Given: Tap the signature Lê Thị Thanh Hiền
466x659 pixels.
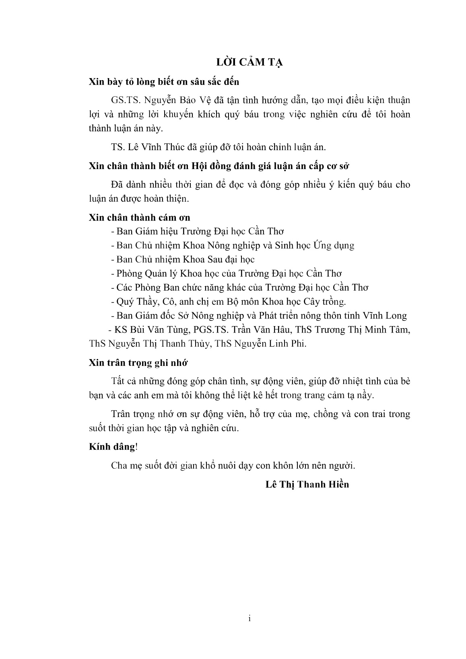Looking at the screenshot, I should click(307, 484).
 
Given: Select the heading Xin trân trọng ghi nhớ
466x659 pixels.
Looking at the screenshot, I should click(138, 363).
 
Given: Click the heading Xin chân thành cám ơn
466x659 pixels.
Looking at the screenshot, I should click(139, 218).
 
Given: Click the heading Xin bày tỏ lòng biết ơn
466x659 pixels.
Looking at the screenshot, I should click(164, 82).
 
